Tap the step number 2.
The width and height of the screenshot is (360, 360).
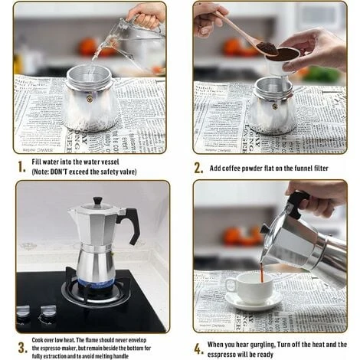[199, 168]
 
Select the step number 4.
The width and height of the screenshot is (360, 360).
[199, 349]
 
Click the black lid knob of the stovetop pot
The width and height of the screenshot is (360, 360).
[97, 201]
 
